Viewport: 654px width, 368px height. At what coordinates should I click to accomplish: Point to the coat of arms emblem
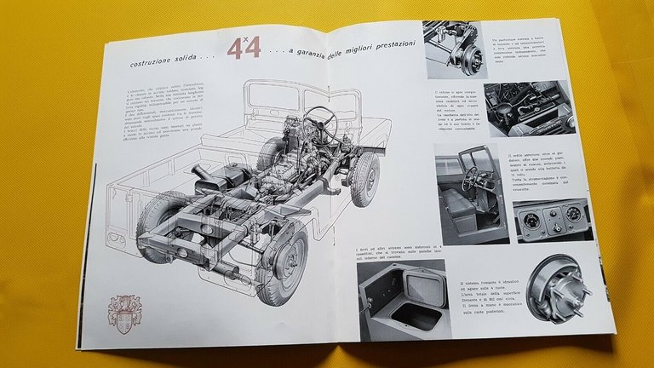(x=123, y=312)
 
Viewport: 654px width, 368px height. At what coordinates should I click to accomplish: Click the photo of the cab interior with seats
(x=468, y=192)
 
